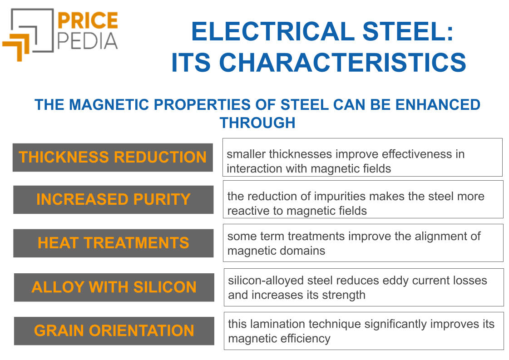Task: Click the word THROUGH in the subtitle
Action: [257, 123]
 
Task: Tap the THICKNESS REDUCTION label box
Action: [113, 158]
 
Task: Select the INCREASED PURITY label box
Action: [113, 200]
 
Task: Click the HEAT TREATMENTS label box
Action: [113, 243]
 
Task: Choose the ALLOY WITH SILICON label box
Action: [114, 287]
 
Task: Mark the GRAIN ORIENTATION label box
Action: [114, 330]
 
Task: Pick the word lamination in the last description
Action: [278, 324]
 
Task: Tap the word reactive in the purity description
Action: [247, 211]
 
